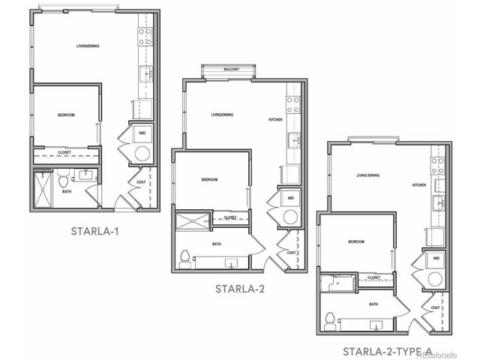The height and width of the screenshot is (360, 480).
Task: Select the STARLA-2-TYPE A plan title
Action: tap(387, 350)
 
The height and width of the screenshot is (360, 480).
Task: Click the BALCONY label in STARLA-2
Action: tap(232, 70)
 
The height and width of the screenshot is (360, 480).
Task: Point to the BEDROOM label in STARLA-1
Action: tap(67, 115)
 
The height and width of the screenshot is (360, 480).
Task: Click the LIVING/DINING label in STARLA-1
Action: tap(88, 47)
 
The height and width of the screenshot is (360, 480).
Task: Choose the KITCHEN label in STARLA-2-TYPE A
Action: tap(418, 184)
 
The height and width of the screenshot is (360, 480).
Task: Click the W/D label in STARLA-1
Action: tap(142, 134)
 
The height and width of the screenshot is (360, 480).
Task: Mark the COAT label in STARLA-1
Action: tap(141, 181)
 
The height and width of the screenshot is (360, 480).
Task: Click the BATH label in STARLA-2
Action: tap(217, 244)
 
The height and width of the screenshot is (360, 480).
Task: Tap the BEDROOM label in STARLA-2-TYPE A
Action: tap(355, 241)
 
